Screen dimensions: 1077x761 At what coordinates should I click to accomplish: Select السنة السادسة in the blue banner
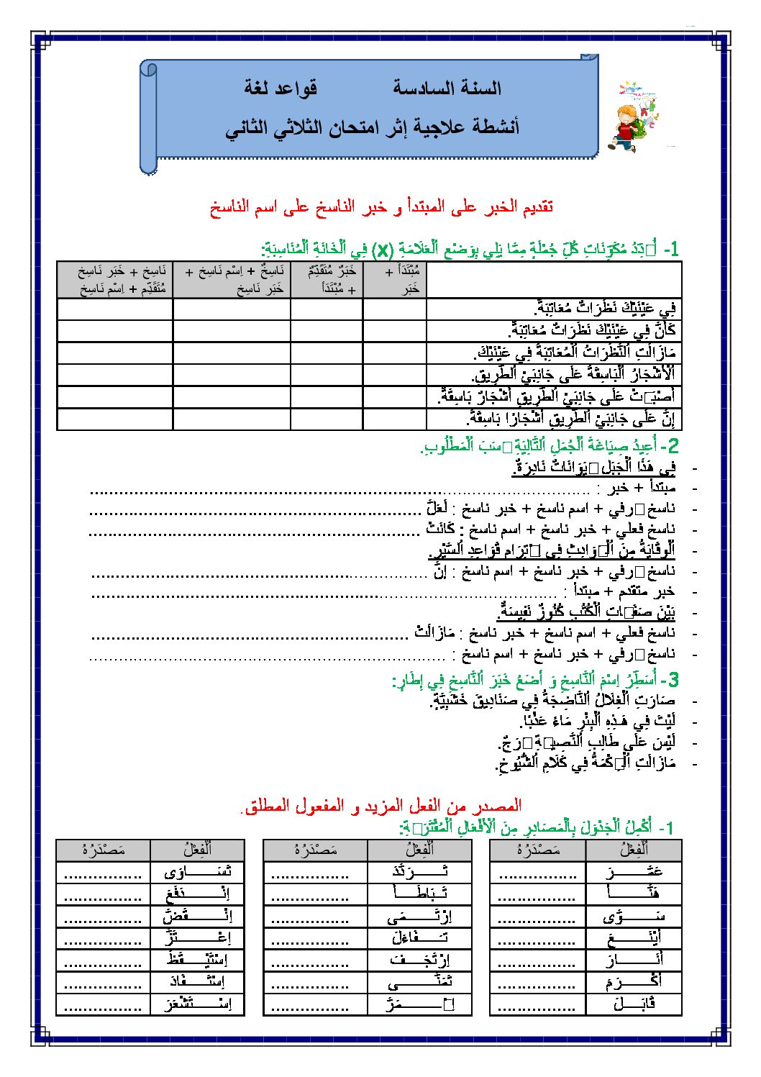click(447, 88)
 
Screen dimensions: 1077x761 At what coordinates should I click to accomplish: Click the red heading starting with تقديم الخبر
click(381, 208)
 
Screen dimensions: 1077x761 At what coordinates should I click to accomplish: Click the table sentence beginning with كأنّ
click(592, 331)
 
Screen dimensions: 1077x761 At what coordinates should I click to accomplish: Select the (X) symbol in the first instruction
click(385, 250)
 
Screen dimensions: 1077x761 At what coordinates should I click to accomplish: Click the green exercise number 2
click(673, 445)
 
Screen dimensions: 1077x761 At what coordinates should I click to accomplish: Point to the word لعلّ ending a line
click(437, 508)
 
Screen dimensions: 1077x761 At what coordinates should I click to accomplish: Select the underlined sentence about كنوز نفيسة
click(586, 612)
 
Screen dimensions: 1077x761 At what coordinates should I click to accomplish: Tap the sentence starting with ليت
click(598, 720)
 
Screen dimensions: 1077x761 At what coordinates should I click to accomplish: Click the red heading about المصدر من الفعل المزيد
click(381, 806)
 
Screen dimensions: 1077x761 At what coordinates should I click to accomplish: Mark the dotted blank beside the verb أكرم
click(537, 982)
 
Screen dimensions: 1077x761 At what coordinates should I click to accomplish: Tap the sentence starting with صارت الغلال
click(553, 700)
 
